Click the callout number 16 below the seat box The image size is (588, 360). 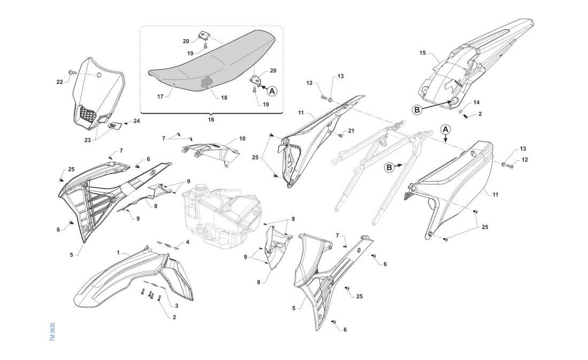tap(211, 120)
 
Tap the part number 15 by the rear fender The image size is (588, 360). tap(422, 53)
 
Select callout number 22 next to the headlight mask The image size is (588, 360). tap(59, 82)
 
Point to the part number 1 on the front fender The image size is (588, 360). tap(118, 251)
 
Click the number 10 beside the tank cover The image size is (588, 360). tap(242, 138)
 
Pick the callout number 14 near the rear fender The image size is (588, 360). tap(476, 101)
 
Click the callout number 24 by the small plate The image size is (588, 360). tap(136, 121)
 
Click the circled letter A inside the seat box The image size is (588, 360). tap(272, 91)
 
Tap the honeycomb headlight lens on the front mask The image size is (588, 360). tap(88, 113)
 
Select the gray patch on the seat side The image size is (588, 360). tap(205, 83)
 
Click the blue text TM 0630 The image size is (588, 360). tap(52, 332)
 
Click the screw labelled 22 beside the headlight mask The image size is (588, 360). tap(70, 72)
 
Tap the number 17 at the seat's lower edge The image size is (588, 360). tap(160, 97)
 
